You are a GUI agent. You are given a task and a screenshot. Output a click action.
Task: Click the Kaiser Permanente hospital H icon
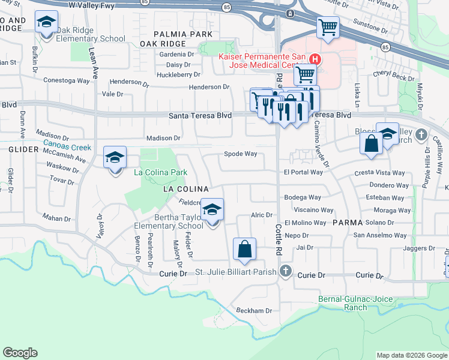[x=315, y=59]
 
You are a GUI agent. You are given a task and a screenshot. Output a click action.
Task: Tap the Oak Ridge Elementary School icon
[x=46, y=23]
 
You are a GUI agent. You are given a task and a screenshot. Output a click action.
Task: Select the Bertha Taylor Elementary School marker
[x=212, y=210]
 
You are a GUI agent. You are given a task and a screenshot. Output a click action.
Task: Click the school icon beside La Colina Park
[x=115, y=158]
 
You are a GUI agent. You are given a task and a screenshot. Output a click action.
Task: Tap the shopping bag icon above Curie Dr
[x=244, y=249]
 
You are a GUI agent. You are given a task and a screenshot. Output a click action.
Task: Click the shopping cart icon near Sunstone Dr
[x=328, y=27]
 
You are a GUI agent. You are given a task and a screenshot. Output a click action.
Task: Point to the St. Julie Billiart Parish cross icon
[x=286, y=272]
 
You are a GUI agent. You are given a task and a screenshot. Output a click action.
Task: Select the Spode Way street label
[x=240, y=154]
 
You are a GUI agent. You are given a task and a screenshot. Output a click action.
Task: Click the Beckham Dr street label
[x=254, y=311]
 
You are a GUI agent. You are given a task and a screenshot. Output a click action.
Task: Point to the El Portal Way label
[x=303, y=172]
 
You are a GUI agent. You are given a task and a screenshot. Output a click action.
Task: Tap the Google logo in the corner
[x=20, y=353]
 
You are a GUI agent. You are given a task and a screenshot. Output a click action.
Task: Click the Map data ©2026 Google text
[x=411, y=355]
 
